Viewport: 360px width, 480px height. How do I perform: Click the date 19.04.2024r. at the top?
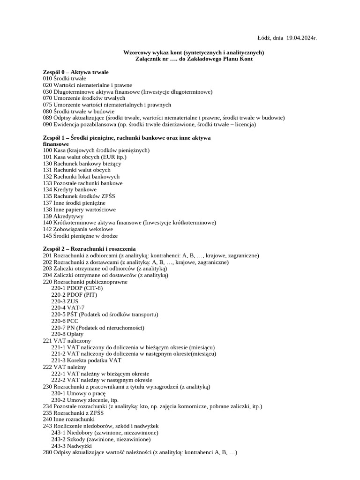point(301,37)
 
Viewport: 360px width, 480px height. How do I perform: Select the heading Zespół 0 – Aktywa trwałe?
point(75,72)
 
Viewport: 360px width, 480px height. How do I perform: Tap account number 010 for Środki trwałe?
point(47,79)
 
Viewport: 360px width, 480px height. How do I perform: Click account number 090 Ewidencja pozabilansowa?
point(47,125)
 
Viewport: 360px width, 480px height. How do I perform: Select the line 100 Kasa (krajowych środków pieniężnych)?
point(96,150)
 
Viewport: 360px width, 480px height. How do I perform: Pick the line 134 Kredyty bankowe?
point(69,189)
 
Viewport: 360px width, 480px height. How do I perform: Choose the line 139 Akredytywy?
point(63,216)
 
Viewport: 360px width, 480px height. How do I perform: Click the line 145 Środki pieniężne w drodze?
point(80,236)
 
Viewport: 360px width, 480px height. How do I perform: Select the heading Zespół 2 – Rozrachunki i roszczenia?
point(89,248)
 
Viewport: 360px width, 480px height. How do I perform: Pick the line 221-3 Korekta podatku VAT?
point(86,360)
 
